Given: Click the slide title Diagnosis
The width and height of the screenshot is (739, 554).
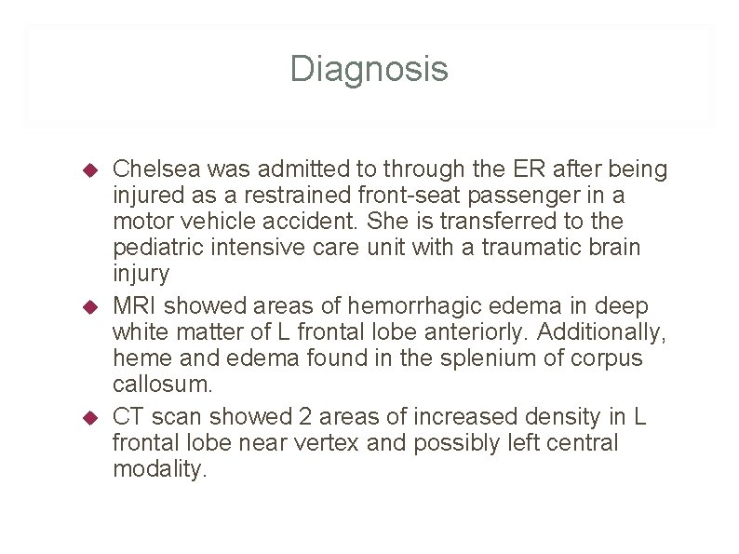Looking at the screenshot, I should click(369, 69).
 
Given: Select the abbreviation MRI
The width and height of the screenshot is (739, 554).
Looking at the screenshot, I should click(134, 306).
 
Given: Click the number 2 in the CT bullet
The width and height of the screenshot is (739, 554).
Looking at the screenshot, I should click(308, 416).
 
